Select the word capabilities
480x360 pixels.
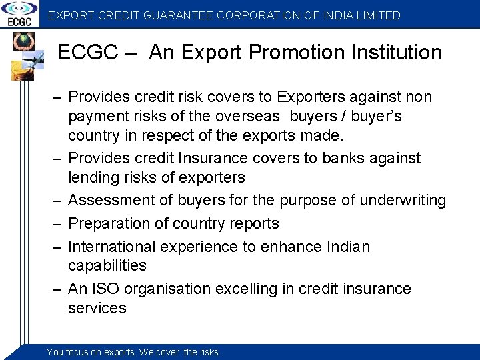pos(107,265)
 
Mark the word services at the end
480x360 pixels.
pos(97,308)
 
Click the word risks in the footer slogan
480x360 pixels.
pos(209,352)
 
